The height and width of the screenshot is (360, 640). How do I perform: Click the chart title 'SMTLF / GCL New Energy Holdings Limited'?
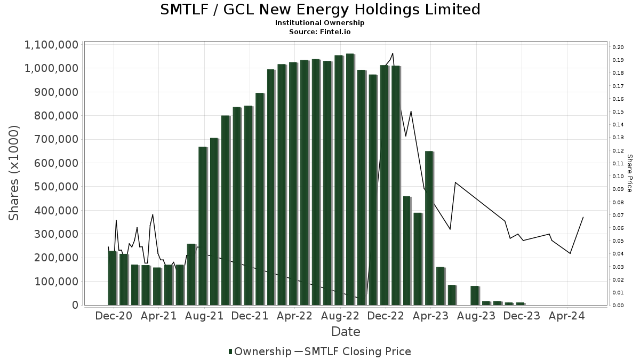point(320,10)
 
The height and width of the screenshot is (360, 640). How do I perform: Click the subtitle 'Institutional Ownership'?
point(320,23)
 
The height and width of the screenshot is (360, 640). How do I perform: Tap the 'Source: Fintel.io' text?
point(320,31)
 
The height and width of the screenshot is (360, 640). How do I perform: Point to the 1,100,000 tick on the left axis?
point(51,45)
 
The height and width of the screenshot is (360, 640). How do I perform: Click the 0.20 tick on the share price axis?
point(618,47)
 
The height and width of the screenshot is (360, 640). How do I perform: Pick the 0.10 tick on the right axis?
point(618,177)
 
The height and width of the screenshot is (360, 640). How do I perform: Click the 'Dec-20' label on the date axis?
point(114,316)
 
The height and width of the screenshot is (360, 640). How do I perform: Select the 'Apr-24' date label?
point(567,316)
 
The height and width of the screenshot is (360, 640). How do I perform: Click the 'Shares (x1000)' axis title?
point(14,173)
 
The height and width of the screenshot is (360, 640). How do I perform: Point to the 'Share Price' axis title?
point(629,173)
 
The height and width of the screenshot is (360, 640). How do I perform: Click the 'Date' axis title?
point(346,332)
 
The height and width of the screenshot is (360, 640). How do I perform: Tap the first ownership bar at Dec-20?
point(112,278)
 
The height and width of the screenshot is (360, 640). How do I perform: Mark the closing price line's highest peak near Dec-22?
point(393,53)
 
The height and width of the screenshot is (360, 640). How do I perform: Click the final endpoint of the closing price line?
point(583,217)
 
